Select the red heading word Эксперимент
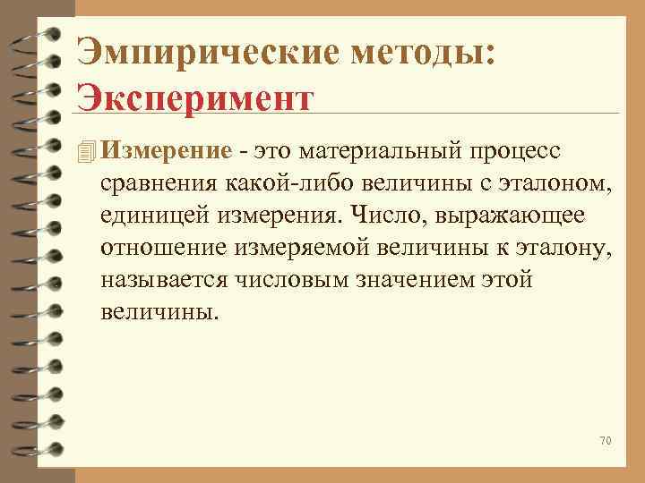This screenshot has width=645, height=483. tap(194, 96)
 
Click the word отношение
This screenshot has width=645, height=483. tap(157, 249)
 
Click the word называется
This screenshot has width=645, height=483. tap(167, 281)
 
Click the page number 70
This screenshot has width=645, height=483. tap(604, 441)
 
